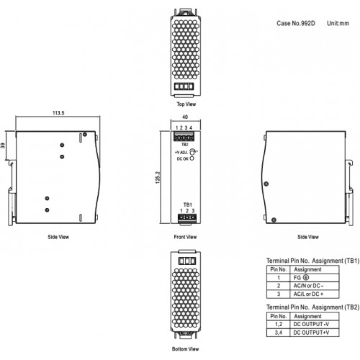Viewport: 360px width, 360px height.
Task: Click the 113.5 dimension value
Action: [x=58, y=113]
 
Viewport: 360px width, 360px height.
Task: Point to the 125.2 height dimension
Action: [x=158, y=178]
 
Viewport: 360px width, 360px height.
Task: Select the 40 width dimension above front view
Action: [x=185, y=117]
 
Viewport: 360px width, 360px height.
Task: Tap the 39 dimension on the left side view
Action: [x=3, y=145]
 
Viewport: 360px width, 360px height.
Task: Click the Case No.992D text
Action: [x=296, y=23]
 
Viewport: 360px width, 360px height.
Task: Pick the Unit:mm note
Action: [x=338, y=23]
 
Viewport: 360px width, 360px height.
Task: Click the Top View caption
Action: [x=186, y=104]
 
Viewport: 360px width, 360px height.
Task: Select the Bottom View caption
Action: [x=185, y=349]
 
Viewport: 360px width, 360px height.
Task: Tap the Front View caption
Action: [x=185, y=237]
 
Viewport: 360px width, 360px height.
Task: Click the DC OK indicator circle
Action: [x=192, y=158]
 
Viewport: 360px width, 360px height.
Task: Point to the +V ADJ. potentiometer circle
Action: [x=192, y=152]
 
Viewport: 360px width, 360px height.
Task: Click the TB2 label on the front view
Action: [x=184, y=145]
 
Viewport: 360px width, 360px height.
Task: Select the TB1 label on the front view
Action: [x=188, y=204]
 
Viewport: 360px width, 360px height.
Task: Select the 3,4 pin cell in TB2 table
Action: [x=279, y=333]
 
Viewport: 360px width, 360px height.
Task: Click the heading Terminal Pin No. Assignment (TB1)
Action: [x=312, y=261]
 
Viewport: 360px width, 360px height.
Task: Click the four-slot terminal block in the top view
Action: [x=184, y=86]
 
